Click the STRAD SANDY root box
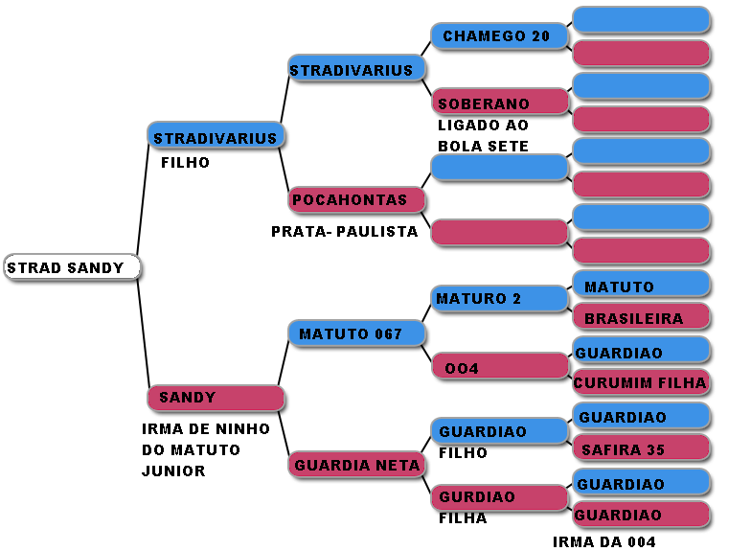tap(72, 267)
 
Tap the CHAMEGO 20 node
tap(498, 36)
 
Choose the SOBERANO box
tap(498, 103)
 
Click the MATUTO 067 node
tap(356, 333)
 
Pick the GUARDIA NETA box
tap(356, 465)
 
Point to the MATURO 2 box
tap(498, 299)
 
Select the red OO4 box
tap(498, 366)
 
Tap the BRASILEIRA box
tap(641, 318)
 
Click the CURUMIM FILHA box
tap(641, 383)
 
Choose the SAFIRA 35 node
tap(641, 448)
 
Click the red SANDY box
tap(216, 398)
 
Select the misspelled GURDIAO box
tap(498, 497)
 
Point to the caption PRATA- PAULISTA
tap(344, 232)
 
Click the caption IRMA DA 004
tap(603, 541)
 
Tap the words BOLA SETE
tap(483, 146)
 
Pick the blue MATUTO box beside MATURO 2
tap(641, 286)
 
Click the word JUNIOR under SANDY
tap(173, 471)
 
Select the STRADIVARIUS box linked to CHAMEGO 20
tap(356, 70)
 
